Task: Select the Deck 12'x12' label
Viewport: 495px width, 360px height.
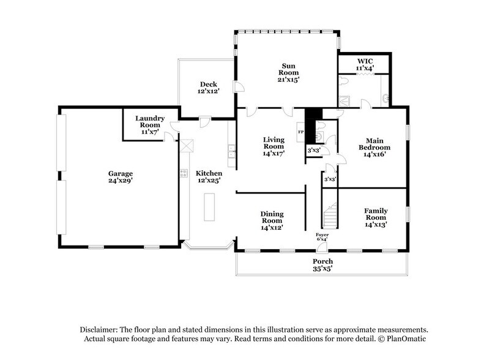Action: coord(208,88)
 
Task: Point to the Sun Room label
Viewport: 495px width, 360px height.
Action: coord(290,72)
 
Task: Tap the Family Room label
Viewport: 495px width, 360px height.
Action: coord(376,218)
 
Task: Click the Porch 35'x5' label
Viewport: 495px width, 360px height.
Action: coord(322,266)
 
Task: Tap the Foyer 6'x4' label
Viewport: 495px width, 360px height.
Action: coord(322,236)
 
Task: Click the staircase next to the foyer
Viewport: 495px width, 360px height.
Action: coord(330,216)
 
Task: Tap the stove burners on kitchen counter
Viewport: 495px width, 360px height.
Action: coord(184,173)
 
